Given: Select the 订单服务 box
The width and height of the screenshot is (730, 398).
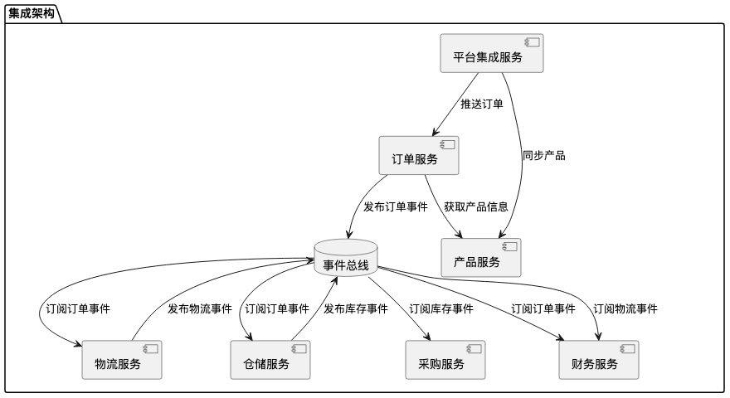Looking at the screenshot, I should pyautogui.click(x=419, y=155).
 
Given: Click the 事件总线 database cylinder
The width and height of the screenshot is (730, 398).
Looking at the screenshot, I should pyautogui.click(x=346, y=260).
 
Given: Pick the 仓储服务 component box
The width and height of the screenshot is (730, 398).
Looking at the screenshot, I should pyautogui.click(x=270, y=360).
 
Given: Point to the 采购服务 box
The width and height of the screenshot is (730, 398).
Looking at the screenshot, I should pyautogui.click(x=446, y=360).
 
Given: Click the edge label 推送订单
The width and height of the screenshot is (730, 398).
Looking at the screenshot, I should pyautogui.click(x=482, y=104).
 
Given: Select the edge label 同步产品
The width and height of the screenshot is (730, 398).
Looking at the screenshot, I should pyautogui.click(x=543, y=155).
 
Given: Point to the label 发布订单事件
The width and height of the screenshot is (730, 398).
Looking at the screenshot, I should pyautogui.click(x=396, y=206).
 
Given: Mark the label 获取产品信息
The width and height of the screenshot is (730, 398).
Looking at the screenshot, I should pyautogui.click(x=475, y=206).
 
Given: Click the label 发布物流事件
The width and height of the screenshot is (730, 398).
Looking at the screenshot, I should pyautogui.click(x=200, y=309).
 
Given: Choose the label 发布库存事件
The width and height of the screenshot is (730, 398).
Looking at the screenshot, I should pyautogui.click(x=356, y=309).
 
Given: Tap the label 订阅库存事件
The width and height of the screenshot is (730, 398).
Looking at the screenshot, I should pyautogui.click(x=441, y=309).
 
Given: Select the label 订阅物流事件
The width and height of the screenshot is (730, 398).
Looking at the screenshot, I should pyautogui.click(x=625, y=309).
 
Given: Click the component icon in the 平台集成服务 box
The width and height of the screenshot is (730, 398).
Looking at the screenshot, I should pyautogui.click(x=532, y=42).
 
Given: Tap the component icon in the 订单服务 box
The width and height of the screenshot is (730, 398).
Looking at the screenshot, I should pyautogui.click(x=447, y=144).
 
